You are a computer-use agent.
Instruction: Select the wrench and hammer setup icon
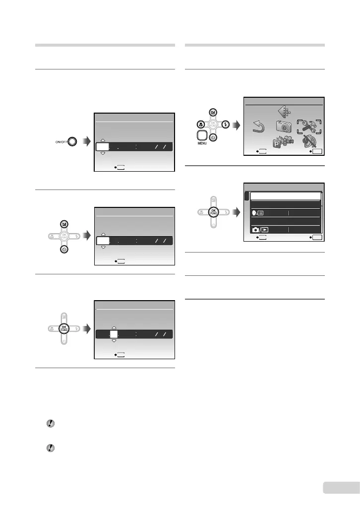click(x=309, y=127)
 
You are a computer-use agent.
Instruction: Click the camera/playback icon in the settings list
click(x=260, y=230)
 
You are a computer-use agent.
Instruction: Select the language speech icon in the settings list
click(x=257, y=212)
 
